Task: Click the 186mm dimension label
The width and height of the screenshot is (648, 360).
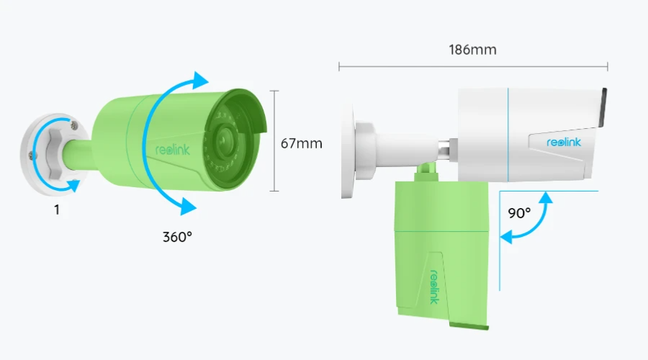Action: click(472, 50)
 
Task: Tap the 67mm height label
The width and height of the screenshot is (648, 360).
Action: click(301, 143)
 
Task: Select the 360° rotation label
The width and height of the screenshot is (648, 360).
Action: click(177, 237)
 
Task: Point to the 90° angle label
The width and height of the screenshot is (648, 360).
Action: click(519, 213)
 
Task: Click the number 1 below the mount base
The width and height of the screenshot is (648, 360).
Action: click(57, 210)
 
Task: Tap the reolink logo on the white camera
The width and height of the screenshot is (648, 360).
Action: click(564, 142)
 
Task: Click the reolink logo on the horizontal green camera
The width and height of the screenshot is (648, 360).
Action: click(172, 150)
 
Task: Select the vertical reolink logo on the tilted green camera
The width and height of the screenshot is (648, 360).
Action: click(434, 287)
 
